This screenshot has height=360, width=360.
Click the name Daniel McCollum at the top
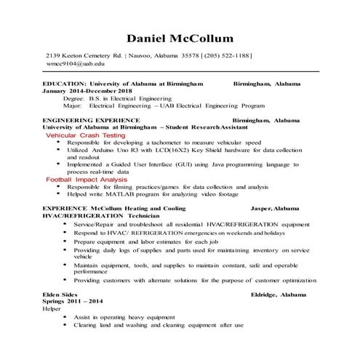pos(180,38)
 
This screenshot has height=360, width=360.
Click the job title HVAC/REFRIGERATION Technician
pos(90,215)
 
